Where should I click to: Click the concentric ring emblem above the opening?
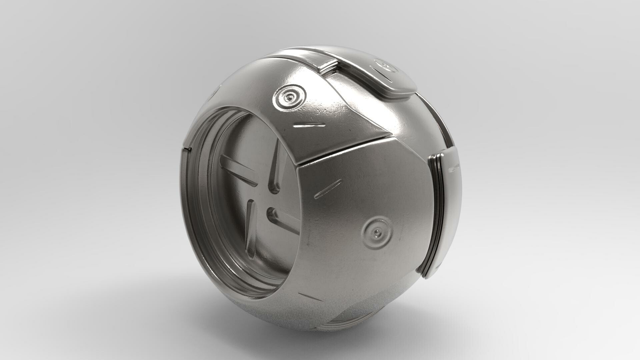[289, 97]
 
